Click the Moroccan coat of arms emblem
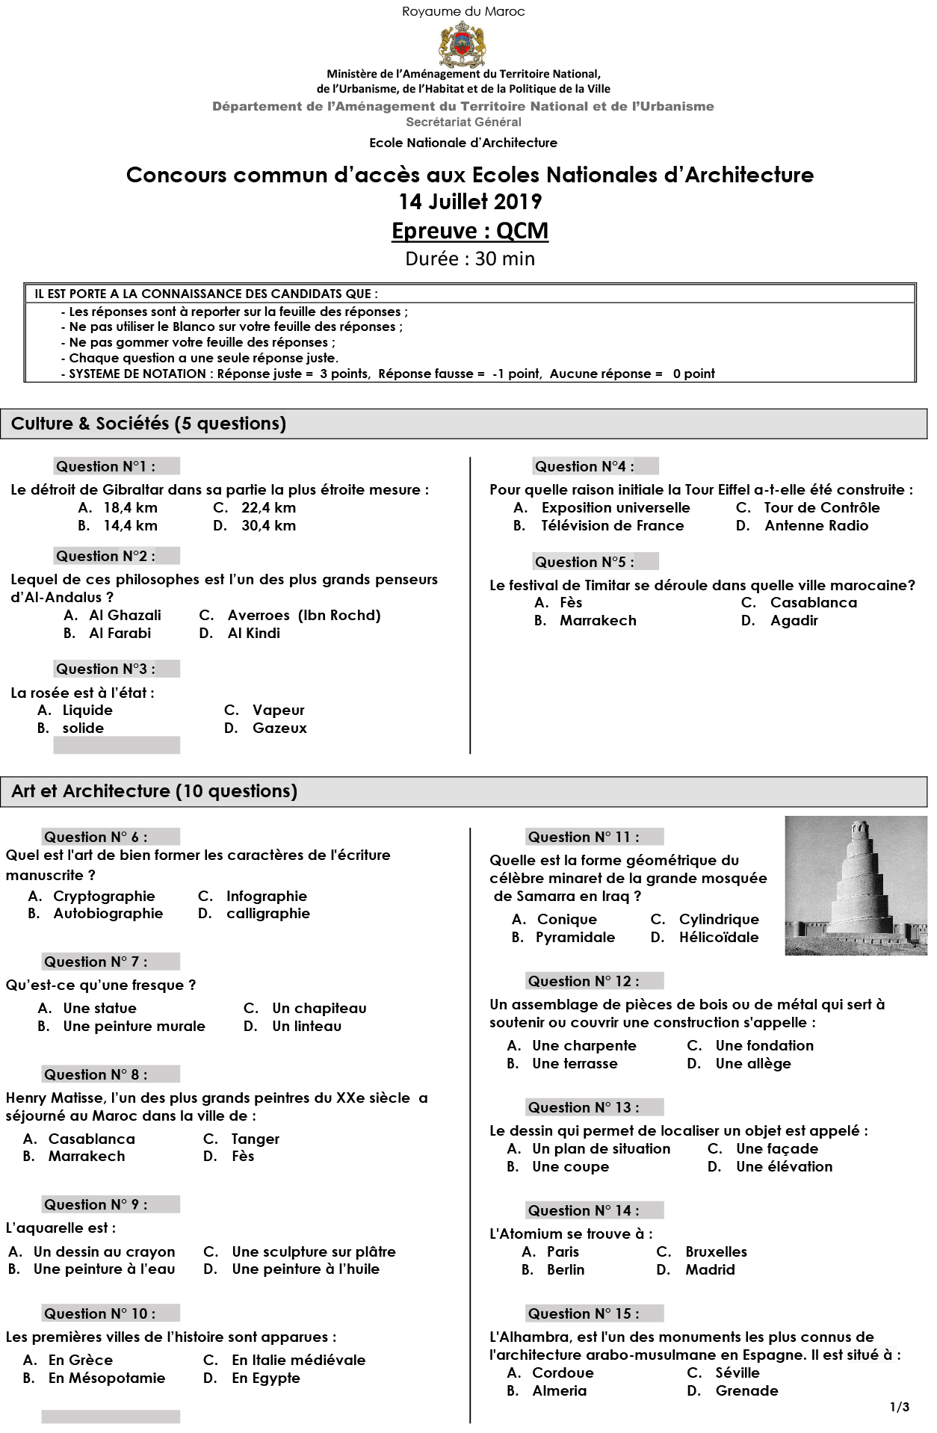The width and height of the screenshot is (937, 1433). pos(463,44)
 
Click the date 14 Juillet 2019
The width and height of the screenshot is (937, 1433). pos(470,202)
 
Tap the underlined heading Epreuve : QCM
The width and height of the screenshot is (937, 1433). pos(470,231)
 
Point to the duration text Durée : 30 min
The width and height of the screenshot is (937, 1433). pos(470,259)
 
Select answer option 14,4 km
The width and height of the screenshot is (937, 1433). pos(130,526)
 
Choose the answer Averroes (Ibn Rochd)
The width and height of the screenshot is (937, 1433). pos(303,616)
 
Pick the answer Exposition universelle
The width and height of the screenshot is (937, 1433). pos(615,508)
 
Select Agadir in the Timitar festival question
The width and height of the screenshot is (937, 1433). pos(794,621)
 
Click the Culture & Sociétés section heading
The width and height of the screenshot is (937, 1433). pos(149,424)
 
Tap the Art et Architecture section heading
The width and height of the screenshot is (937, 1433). pos(154,791)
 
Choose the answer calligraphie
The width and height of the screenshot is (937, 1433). pos(268,914)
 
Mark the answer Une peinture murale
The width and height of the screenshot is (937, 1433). pos(134,1027)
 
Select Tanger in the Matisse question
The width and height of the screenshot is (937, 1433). pos(255,1139)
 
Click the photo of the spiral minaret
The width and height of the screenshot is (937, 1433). pos(856,886)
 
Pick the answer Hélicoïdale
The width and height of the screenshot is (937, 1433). pos(718,938)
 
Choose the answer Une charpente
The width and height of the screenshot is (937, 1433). pos(584,1046)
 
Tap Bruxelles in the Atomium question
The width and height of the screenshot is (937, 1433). pos(716,1252)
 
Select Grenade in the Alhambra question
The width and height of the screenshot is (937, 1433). pos(746,1391)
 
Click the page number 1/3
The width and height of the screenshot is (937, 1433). pos(900,1408)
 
